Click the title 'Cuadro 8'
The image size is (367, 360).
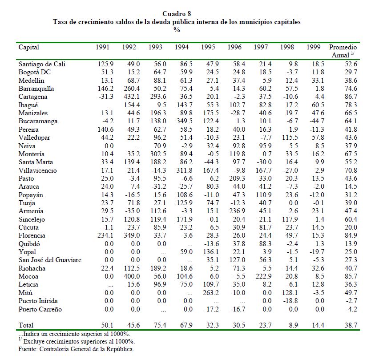pos(177,14)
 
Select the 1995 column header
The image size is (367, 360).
pos(208,47)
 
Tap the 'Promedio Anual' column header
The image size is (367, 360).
pos(343,51)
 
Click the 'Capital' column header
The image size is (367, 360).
pos(28,47)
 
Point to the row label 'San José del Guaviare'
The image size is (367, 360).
pos(50,260)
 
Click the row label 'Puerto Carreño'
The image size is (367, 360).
pos(40,309)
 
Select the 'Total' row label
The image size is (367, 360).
pos(26,325)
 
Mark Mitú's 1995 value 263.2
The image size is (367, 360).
pos(209,293)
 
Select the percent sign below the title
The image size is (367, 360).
pos(177,29)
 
